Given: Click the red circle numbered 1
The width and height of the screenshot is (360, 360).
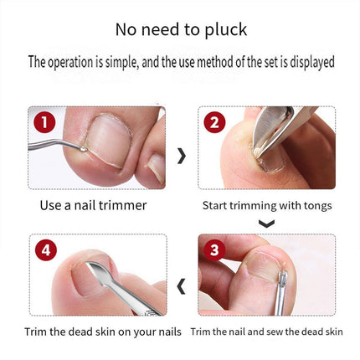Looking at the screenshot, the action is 44,122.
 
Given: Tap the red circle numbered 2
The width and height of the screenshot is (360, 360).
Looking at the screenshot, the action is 214,122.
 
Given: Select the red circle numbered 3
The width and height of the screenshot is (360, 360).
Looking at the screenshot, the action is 214,249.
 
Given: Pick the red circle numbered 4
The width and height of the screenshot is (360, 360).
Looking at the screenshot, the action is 46,249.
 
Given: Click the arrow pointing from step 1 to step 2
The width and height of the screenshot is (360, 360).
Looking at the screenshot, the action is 182,156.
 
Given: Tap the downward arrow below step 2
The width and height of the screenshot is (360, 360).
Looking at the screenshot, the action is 266,224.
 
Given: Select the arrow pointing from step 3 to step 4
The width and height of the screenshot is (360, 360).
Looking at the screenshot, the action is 181,286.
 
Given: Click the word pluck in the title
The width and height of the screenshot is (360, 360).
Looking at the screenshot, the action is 226,30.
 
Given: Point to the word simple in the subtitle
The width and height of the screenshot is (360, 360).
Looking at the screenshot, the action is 122,63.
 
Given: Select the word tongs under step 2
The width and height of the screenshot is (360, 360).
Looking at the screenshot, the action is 318,206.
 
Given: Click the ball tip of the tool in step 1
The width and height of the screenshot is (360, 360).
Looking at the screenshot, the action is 83,149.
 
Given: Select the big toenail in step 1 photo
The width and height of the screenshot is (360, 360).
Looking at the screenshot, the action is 109,140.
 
